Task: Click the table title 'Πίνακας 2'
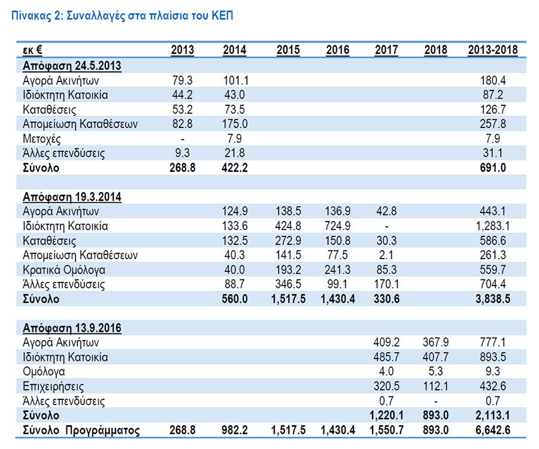[x=37, y=16]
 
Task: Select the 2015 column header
[x=288, y=50]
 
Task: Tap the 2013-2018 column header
[x=493, y=50]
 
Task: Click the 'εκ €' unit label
[x=32, y=50]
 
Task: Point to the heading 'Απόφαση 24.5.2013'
[x=72, y=66]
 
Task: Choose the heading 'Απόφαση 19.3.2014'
[x=72, y=197]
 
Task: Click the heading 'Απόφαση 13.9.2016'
[x=72, y=329]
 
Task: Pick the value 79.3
[x=182, y=80]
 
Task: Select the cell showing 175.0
[x=235, y=124]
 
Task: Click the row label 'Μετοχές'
[x=41, y=139]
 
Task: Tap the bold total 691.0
[x=493, y=168]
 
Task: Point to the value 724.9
[x=338, y=226]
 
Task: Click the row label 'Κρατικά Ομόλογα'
[x=64, y=270]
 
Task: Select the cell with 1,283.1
[x=493, y=226]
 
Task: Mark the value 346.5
[x=288, y=284]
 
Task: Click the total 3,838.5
[x=493, y=299]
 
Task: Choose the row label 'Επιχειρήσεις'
[x=53, y=387]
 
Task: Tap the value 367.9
[x=435, y=342]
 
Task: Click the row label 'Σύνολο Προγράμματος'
[x=81, y=430]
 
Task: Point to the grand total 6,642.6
[x=493, y=430]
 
